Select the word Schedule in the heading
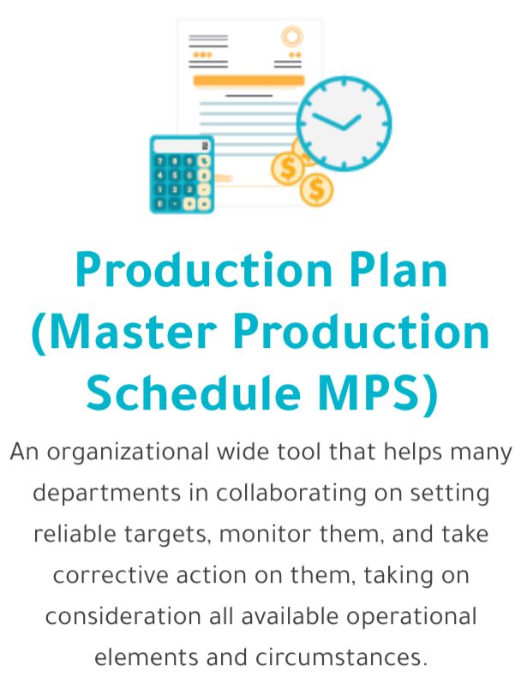coord(194,392)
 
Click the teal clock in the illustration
coord(344,123)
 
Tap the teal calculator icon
coord(182,174)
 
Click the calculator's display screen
coord(183,146)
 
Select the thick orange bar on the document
coord(249,81)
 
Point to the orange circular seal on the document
coord(292,36)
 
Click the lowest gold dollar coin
coord(316,189)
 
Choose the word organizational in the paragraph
coord(128,452)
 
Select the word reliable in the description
coord(75,534)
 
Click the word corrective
coord(111,576)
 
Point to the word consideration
coord(123,616)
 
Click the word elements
coord(147,657)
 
